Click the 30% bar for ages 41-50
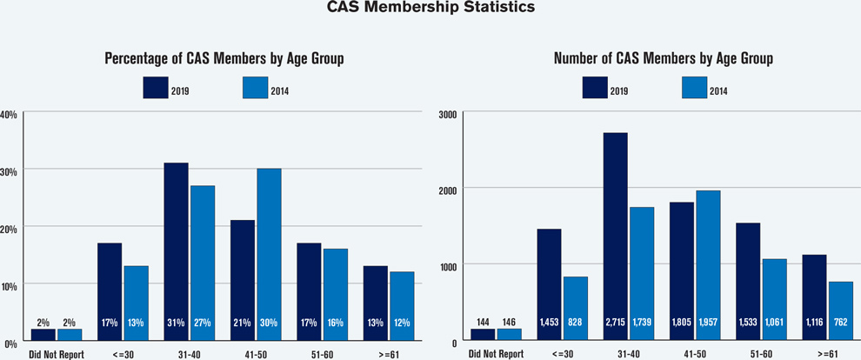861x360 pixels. pos(269,253)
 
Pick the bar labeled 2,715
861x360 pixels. pos(615,236)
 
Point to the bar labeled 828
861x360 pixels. pos(575,308)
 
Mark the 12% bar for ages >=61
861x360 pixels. pos(402,305)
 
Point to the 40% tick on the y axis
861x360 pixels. pos(9,114)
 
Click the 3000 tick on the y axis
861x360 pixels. pos(449,114)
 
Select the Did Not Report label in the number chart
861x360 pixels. pos(496,354)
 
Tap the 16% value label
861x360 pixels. pos(336,323)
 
